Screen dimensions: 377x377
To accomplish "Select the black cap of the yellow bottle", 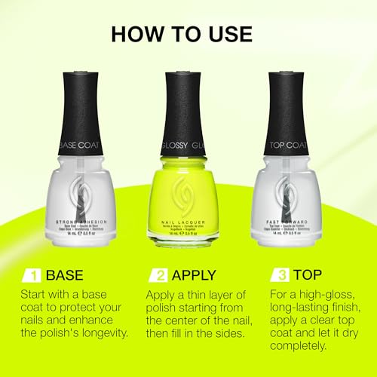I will click(188, 106).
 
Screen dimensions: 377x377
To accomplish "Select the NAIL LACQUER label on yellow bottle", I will click(188, 219).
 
